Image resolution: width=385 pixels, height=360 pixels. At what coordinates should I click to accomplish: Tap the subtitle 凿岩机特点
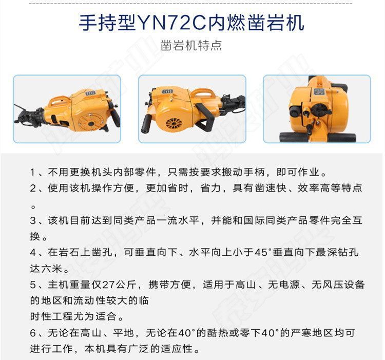point(191,45)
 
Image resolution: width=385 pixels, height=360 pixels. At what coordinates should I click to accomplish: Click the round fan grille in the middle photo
point(175,125)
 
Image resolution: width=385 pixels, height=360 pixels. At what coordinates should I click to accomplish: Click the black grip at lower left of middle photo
point(147,124)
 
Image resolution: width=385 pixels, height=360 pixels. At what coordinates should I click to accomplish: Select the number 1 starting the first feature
point(33,173)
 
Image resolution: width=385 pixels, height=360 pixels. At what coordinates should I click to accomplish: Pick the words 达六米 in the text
point(46,269)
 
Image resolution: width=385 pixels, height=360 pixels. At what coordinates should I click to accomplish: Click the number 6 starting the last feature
point(33,333)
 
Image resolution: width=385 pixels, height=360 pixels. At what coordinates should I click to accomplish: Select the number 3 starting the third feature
point(33,220)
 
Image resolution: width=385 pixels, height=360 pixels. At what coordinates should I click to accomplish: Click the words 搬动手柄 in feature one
point(243,173)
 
